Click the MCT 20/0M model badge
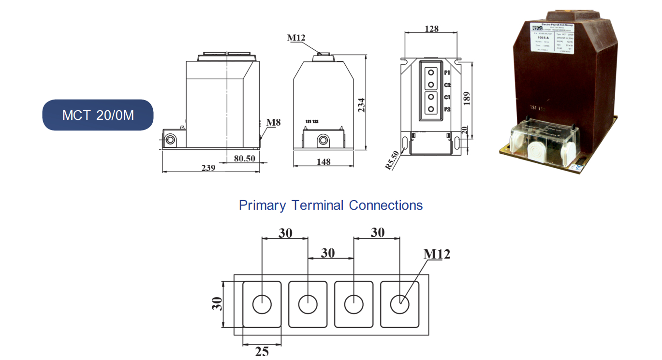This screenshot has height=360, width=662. pyautogui.click(x=98, y=115)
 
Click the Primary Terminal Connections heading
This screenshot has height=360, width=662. pyautogui.click(x=331, y=205)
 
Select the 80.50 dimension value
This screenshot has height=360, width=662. pyautogui.click(x=244, y=158)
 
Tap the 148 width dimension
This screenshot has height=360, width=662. pyautogui.click(x=324, y=162)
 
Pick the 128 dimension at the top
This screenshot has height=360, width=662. pyautogui.click(x=431, y=29)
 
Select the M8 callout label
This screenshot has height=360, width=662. pyautogui.click(x=273, y=122)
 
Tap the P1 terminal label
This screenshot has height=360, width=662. pyautogui.click(x=447, y=73)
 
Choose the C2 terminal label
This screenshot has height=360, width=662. pyautogui.click(x=447, y=85)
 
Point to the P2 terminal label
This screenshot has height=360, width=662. pyautogui.click(x=447, y=109)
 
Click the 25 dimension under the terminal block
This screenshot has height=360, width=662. pyautogui.click(x=262, y=352)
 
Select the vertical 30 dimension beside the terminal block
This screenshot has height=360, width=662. pyautogui.click(x=218, y=304)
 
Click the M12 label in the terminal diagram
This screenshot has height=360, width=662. pyautogui.click(x=437, y=254)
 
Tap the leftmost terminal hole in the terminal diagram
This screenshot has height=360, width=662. pyautogui.click(x=262, y=305)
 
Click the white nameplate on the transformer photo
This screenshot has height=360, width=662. pyautogui.click(x=553, y=38)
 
